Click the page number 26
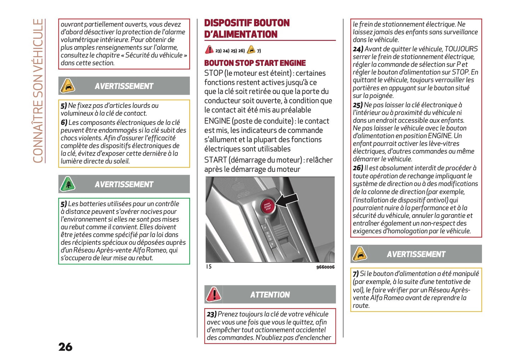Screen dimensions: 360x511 pos(65,347)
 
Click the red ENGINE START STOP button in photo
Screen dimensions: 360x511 pos(268,206)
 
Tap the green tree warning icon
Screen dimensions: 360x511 pos(68,184)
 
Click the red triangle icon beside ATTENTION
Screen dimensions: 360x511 pos(214,294)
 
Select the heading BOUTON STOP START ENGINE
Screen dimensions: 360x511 pos(255,63)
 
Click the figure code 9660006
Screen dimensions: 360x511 pos(325,267)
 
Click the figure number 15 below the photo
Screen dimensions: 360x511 pos(209,267)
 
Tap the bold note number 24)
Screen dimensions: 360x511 pos(358,49)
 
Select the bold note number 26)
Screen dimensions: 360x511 pos(358,168)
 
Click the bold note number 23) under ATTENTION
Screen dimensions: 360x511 pos(211,314)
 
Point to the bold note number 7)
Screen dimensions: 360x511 pos(355,274)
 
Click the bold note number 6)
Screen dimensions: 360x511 pos(64,123)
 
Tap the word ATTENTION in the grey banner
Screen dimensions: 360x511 pos(270,295)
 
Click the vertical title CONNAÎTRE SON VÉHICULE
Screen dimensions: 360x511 pos(38,91)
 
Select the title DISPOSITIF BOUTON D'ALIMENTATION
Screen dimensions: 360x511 pos(246,29)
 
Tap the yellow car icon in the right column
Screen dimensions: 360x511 pos(360,254)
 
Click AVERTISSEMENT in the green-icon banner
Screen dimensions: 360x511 pos(124,184)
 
